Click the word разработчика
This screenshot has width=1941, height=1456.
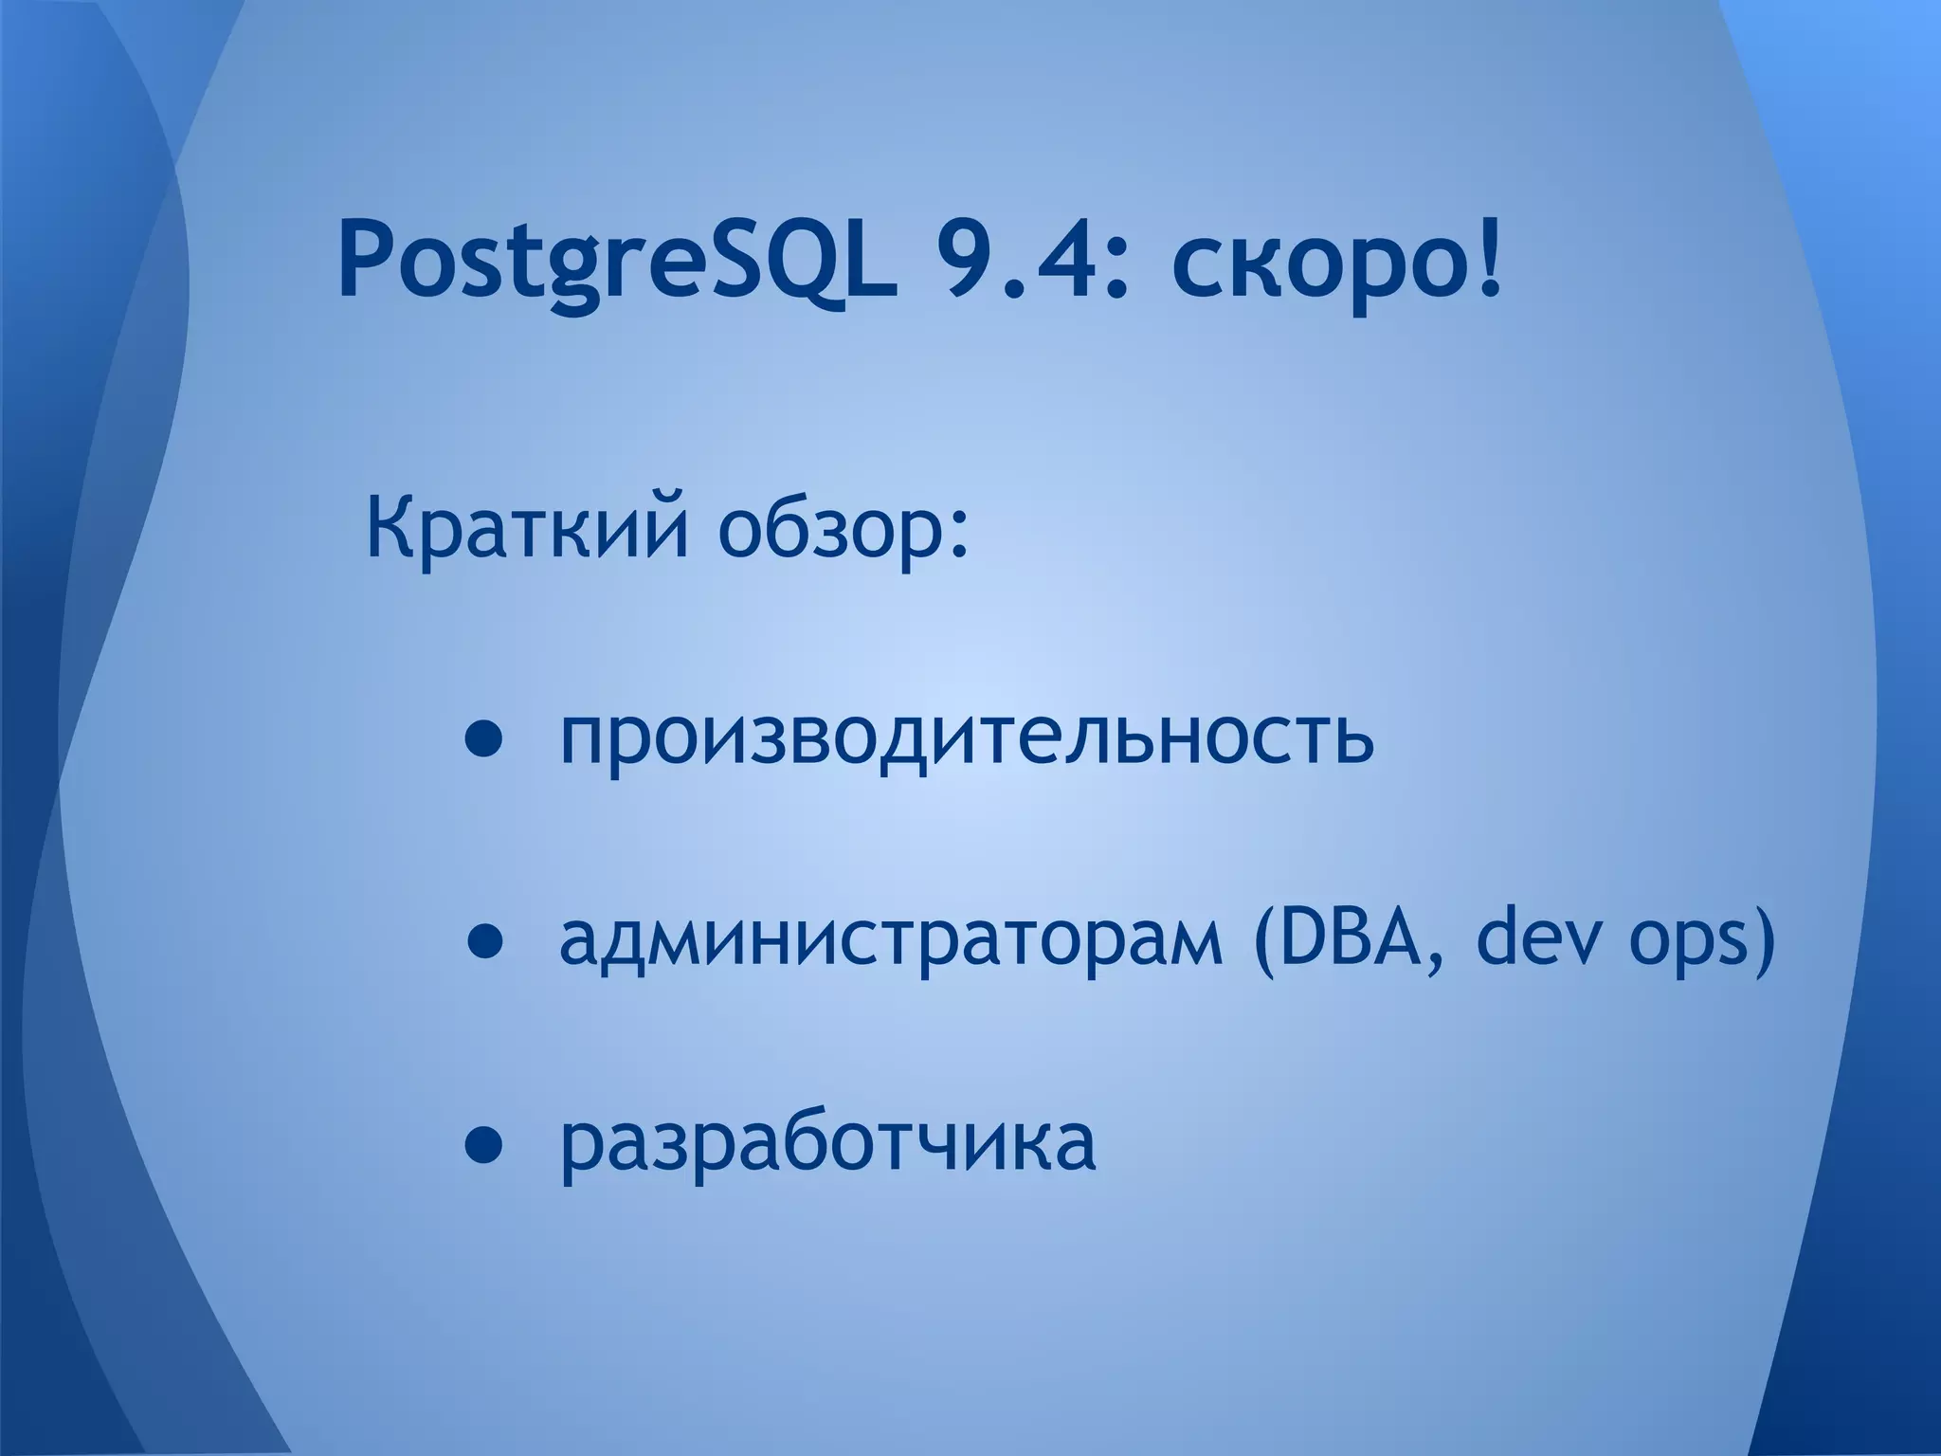827,1149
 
